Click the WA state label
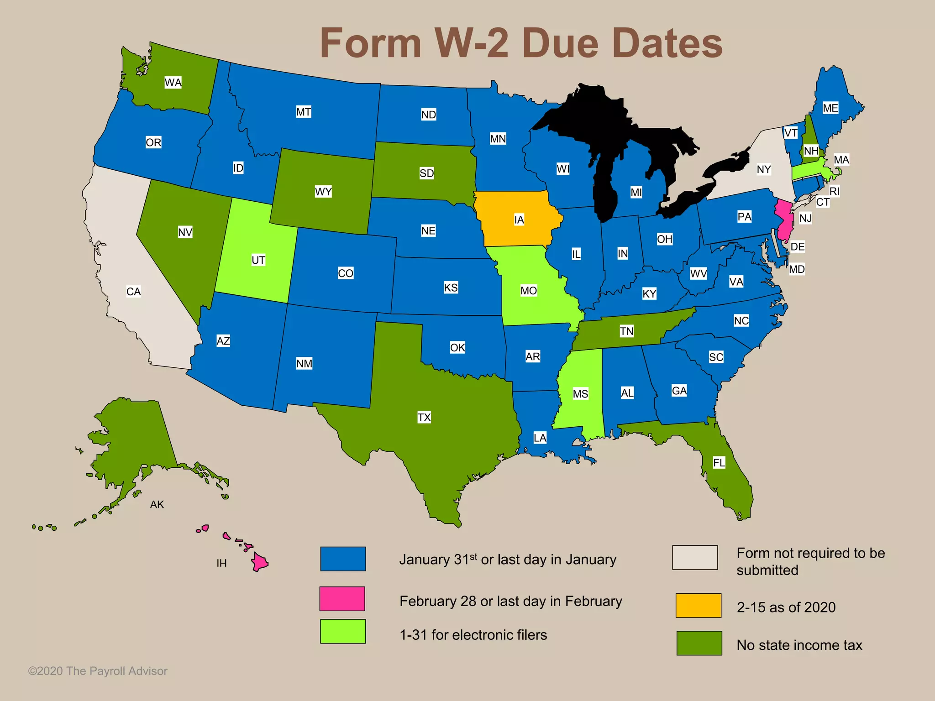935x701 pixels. pyautogui.click(x=173, y=83)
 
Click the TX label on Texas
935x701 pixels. pyautogui.click(x=424, y=417)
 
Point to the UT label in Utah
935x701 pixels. pyautogui.click(x=258, y=260)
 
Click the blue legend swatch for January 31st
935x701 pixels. pyautogui.click(x=343, y=559)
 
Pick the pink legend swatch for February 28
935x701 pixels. pyautogui.click(x=342, y=599)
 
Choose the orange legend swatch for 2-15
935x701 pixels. pyautogui.click(x=699, y=606)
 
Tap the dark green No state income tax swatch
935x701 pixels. pyautogui.click(x=699, y=643)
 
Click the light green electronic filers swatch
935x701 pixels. pyautogui.click(x=343, y=631)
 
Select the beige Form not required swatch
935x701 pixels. pyautogui.click(x=694, y=557)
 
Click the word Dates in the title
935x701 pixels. pyautogui.click(x=667, y=43)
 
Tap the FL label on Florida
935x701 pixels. pyautogui.click(x=719, y=463)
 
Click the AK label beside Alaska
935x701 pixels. pyautogui.click(x=157, y=504)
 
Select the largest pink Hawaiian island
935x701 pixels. pyautogui.click(x=260, y=562)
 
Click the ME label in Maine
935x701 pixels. pyautogui.click(x=830, y=108)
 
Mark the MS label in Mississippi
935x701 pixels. pyautogui.click(x=580, y=394)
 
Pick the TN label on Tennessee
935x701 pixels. pyautogui.click(x=626, y=331)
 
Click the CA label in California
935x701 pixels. pyautogui.click(x=133, y=292)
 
